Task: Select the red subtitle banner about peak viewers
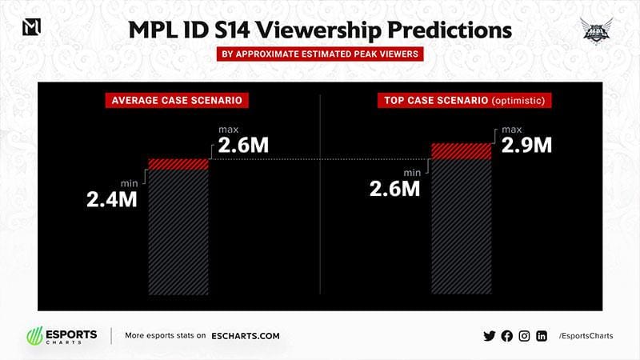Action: click(x=320, y=55)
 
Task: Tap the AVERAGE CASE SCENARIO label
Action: click(x=174, y=101)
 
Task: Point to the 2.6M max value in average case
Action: click(x=241, y=148)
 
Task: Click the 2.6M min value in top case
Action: click(x=394, y=189)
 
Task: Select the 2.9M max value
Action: click(x=526, y=146)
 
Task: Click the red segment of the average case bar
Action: click(x=178, y=163)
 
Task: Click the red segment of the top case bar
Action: click(x=462, y=151)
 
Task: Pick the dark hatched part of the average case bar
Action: click(x=178, y=232)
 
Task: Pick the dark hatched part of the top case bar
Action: click(x=462, y=228)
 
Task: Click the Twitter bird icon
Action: click(x=490, y=336)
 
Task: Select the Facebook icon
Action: click(x=506, y=336)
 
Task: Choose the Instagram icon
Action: click(x=524, y=336)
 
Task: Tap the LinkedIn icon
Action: click(x=542, y=336)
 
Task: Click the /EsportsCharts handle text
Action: click(x=586, y=336)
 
